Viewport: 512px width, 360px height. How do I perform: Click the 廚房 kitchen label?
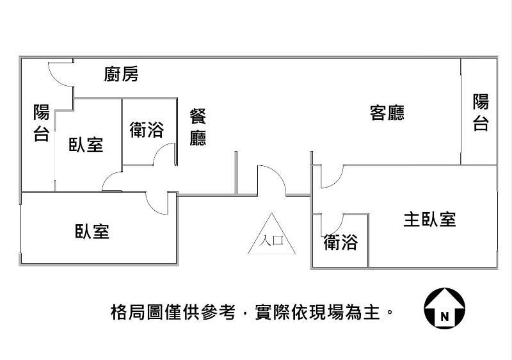121,74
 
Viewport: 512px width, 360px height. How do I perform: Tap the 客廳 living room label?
387,113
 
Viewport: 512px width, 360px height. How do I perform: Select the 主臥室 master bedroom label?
429,219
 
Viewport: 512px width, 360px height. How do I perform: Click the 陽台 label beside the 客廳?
481,112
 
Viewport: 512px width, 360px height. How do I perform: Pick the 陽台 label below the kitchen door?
41,123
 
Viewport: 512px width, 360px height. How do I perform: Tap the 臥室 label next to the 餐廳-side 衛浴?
86,145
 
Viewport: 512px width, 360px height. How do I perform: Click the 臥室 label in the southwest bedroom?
92,231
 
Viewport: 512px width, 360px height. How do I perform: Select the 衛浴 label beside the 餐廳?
147,130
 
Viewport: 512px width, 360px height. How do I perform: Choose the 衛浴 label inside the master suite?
340,242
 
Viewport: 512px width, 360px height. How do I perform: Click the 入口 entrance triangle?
270,235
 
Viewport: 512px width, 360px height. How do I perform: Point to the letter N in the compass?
444,316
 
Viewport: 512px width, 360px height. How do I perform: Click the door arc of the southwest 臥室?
157,204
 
